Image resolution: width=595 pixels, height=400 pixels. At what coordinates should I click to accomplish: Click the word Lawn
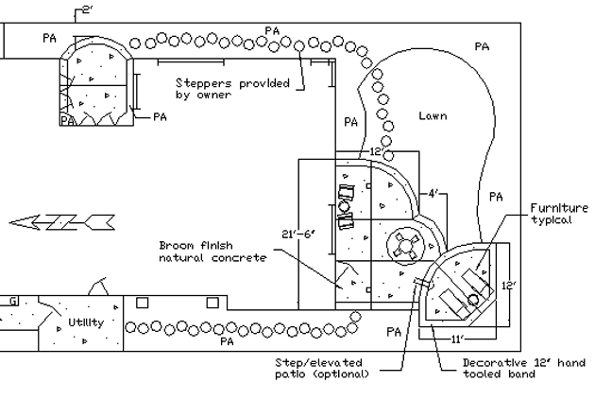pyautogui.click(x=433, y=115)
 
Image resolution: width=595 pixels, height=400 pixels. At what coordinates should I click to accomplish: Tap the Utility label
pyautogui.click(x=86, y=322)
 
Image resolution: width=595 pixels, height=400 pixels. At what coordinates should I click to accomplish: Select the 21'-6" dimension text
pyautogui.click(x=298, y=234)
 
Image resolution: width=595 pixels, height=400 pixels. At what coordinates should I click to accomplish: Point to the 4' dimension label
pyautogui.click(x=433, y=194)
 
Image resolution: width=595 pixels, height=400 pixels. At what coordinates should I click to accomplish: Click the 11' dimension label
pyautogui.click(x=458, y=339)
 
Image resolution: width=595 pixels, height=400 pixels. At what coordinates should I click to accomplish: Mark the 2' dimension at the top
pyautogui.click(x=88, y=9)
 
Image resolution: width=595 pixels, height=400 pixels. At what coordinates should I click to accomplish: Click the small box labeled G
pyautogui.click(x=12, y=302)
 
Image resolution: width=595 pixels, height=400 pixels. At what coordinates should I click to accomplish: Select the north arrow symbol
pyautogui.click(x=61, y=222)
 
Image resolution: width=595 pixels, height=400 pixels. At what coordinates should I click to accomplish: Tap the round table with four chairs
pyautogui.click(x=406, y=246)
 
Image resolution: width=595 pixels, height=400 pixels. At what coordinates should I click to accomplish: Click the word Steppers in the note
pyautogui.click(x=203, y=83)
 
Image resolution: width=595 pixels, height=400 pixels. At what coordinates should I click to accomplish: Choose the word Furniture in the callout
pyautogui.click(x=559, y=208)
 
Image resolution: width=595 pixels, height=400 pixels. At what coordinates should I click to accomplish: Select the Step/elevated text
pyautogui.click(x=319, y=363)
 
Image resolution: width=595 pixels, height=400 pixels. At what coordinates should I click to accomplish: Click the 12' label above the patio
pyautogui.click(x=376, y=151)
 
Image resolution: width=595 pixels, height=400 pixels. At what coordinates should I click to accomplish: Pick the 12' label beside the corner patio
pyautogui.click(x=509, y=286)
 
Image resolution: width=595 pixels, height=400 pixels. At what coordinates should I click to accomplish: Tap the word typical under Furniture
pyautogui.click(x=551, y=220)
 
